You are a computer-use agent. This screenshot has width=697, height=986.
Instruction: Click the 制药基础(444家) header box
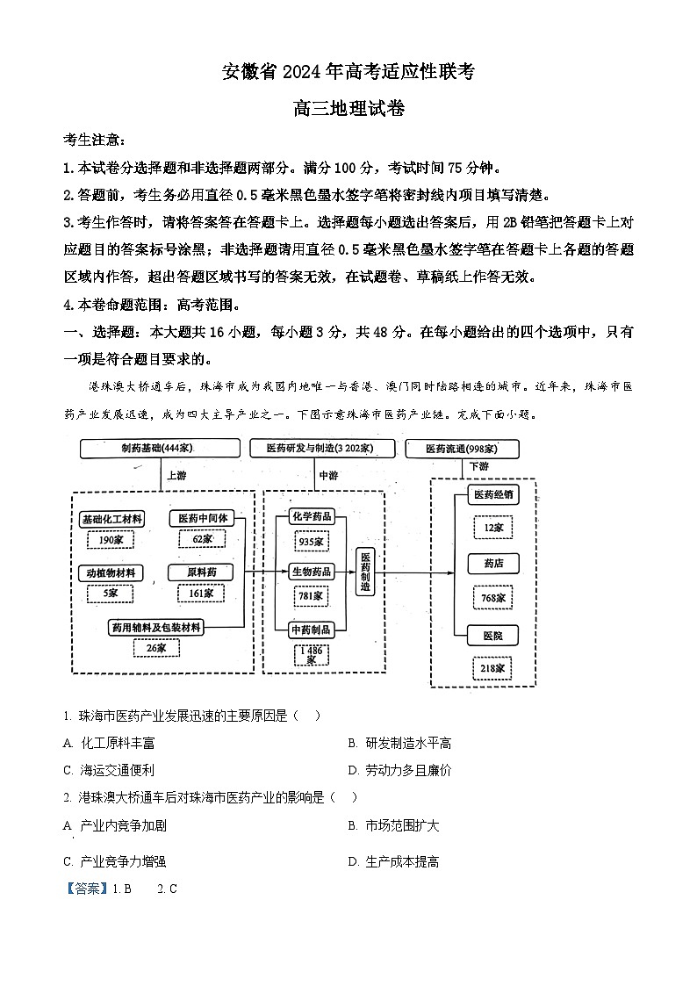click(x=158, y=449)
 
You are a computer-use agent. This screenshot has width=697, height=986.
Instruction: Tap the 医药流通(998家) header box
click(x=462, y=449)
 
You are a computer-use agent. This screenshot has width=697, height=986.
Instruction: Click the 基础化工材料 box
click(x=111, y=519)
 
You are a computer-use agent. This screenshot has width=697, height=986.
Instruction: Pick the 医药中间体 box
click(x=203, y=518)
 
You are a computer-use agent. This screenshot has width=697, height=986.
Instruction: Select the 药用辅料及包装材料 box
click(x=156, y=627)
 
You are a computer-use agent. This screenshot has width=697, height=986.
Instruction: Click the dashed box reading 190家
click(x=111, y=539)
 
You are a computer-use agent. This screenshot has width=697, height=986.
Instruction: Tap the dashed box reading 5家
click(x=111, y=594)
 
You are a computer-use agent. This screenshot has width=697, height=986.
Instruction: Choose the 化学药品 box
click(x=311, y=516)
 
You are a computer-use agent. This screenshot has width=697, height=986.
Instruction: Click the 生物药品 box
click(x=311, y=572)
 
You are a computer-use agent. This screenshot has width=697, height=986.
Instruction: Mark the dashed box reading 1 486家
click(x=312, y=655)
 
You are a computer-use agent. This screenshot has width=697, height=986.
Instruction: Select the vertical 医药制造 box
click(x=365, y=572)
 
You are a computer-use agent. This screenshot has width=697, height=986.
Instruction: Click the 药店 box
click(x=492, y=564)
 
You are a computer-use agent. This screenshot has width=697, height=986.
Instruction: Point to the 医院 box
click(x=492, y=635)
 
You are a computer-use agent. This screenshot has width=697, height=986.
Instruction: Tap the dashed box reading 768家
click(x=492, y=598)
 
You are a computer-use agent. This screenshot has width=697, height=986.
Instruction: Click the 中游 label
click(x=328, y=475)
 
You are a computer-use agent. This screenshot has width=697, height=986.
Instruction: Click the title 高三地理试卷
click(x=348, y=109)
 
